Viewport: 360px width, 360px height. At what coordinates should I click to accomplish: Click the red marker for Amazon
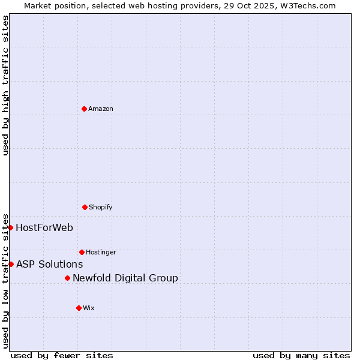84,109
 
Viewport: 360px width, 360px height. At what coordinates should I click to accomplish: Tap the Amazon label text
101,109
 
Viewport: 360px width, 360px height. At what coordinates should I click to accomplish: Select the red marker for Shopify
85,207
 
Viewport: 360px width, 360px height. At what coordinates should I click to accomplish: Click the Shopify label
101,208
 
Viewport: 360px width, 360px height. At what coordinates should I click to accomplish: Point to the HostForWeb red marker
10,227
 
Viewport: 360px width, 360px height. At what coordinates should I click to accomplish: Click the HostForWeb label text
44,227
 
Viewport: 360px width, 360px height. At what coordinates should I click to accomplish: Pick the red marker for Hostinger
82,252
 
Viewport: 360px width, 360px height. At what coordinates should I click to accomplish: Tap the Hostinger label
101,253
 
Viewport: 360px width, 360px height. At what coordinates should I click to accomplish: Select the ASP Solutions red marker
11,264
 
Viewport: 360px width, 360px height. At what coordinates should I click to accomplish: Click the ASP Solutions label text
50,264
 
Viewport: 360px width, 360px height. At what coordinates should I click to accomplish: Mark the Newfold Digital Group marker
67,278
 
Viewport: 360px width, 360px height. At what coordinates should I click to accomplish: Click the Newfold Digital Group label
125,278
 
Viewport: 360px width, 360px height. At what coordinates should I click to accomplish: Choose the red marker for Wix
79,308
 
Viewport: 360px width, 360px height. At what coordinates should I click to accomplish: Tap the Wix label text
89,308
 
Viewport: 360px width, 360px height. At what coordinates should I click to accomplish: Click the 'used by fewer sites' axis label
62,355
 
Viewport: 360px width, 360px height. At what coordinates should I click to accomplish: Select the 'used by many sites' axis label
301,355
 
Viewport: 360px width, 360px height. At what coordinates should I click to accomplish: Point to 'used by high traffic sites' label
5,85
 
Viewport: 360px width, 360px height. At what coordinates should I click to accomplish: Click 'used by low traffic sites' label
5,281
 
